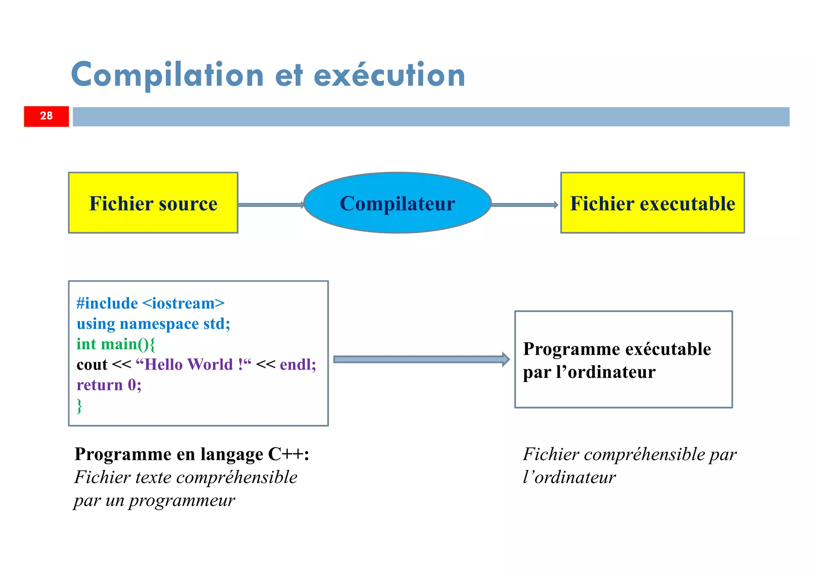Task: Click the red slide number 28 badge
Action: coord(46,116)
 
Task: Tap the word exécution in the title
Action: coord(389,75)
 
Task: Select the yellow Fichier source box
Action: coord(153,203)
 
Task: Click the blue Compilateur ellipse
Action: coord(397,203)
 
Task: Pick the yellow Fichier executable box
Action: coord(652,203)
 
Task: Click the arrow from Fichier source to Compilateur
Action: coord(271,205)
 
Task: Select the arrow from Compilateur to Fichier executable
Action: coord(524,205)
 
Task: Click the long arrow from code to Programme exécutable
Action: coord(421,359)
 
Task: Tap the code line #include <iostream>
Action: coord(150,303)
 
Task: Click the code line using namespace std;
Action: coord(153,324)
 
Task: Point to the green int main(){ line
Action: coord(116,344)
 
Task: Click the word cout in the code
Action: coord(92,365)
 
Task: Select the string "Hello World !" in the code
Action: coord(193,365)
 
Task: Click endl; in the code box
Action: coord(298,365)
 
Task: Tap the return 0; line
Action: coord(109,385)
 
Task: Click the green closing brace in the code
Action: coord(79,406)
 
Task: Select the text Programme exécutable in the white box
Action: coord(616,349)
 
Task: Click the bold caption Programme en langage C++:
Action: coord(191,454)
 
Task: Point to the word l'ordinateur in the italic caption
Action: coord(569,477)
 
